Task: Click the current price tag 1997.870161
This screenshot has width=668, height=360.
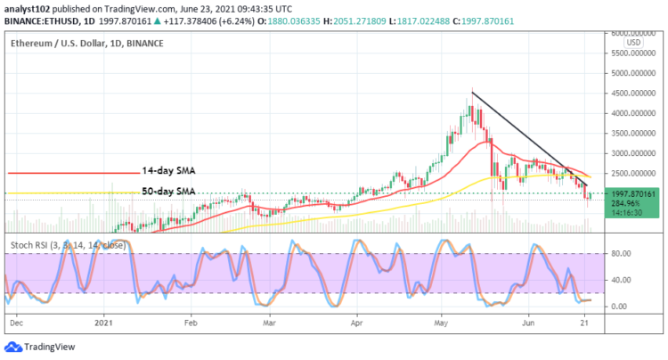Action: click(632, 193)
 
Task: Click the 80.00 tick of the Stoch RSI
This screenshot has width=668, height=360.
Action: click(621, 254)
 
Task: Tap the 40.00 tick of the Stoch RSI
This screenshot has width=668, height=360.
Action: click(621, 280)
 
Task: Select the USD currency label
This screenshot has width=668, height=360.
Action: click(633, 42)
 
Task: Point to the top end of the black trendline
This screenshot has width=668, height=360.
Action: click(471, 92)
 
